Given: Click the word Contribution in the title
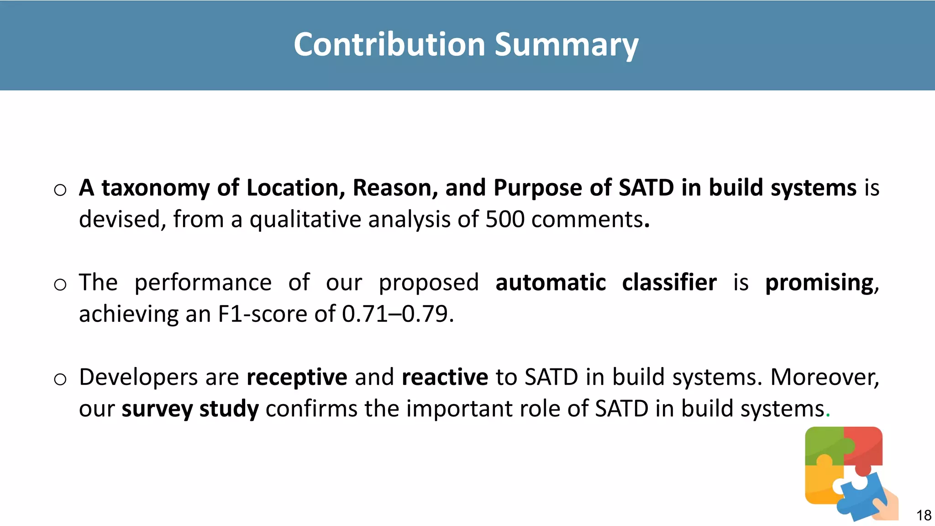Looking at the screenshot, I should tap(389, 45).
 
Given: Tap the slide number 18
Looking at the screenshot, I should tap(924, 515).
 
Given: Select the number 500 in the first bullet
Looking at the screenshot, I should tap(505, 220).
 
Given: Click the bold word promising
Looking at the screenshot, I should tap(819, 283).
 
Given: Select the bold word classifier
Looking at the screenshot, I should tap(669, 283).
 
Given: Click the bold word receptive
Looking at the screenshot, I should tap(297, 377).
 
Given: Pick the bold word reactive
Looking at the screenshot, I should tap(445, 377).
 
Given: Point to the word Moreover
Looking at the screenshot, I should tap(825, 377).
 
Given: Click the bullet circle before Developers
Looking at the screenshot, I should tap(60, 379).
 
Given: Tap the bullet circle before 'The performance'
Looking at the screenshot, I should tap(60, 284).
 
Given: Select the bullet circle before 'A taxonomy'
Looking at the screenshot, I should tap(60, 190).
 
